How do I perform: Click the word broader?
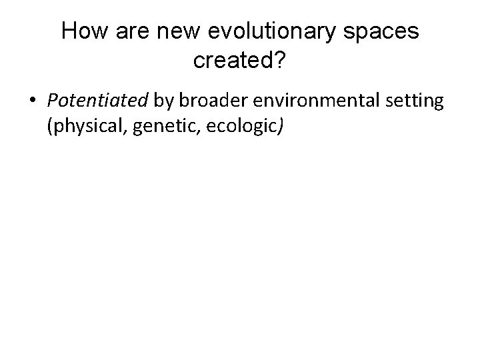tap(205, 101)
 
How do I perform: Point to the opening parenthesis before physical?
tap(50, 126)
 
